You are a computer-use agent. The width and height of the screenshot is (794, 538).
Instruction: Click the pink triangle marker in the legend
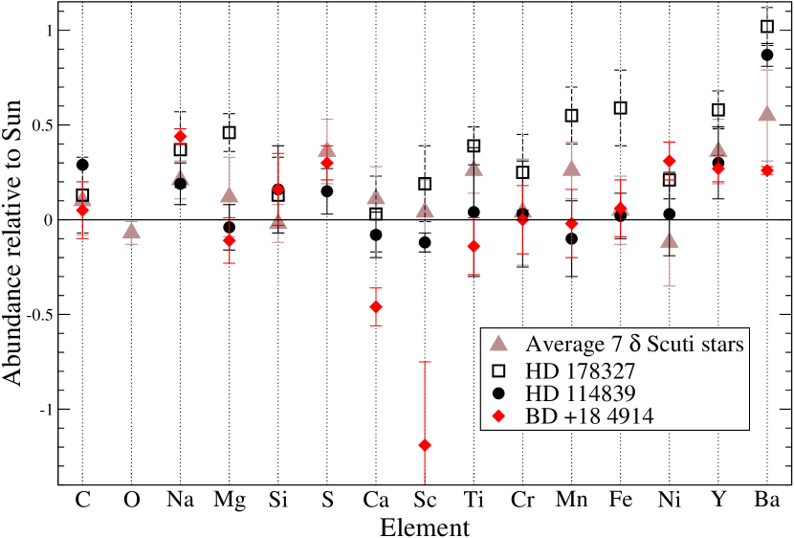click(497, 345)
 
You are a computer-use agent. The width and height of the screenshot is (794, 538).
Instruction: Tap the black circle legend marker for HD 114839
click(497, 393)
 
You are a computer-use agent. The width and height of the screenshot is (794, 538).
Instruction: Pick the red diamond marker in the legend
click(497, 416)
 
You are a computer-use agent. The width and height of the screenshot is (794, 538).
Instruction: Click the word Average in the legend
click(562, 345)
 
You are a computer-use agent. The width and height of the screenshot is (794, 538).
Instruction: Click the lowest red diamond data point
click(425, 445)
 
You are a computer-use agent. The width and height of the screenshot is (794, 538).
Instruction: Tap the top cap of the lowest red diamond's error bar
click(425, 362)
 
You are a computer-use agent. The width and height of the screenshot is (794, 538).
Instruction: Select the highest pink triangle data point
click(766, 114)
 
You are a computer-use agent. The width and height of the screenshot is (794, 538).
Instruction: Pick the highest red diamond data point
click(180, 137)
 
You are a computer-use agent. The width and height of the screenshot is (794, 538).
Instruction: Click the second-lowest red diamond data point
click(376, 306)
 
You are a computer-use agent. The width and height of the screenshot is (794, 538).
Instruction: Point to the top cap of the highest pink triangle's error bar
click(766, 70)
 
